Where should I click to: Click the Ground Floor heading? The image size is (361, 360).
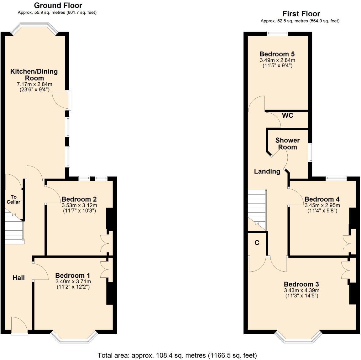click(58, 5)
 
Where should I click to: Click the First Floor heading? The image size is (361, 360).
click(301, 14)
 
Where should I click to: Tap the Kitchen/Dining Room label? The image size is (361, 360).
click(34, 75)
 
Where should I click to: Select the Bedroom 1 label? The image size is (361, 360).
click(73, 275)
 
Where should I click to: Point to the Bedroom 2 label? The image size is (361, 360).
click(79, 199)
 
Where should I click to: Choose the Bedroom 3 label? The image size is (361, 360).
click(301, 284)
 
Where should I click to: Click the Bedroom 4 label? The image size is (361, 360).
click(322, 199)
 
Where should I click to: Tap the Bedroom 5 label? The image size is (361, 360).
click(277, 54)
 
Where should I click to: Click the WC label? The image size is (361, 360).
click(287, 116)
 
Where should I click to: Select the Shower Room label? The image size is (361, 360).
click(287, 144)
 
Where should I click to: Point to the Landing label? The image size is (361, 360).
click(267, 171)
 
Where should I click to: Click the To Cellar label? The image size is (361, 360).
click(13, 199)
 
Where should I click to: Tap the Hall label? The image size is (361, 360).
click(18, 278)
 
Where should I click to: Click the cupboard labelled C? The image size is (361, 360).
click(257, 243)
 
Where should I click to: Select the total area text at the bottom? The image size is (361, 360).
click(177, 355)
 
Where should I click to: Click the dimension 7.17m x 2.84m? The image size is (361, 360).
click(34, 84)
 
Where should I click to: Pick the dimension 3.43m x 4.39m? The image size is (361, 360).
click(301, 290)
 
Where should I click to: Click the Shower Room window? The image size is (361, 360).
click(310, 152)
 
